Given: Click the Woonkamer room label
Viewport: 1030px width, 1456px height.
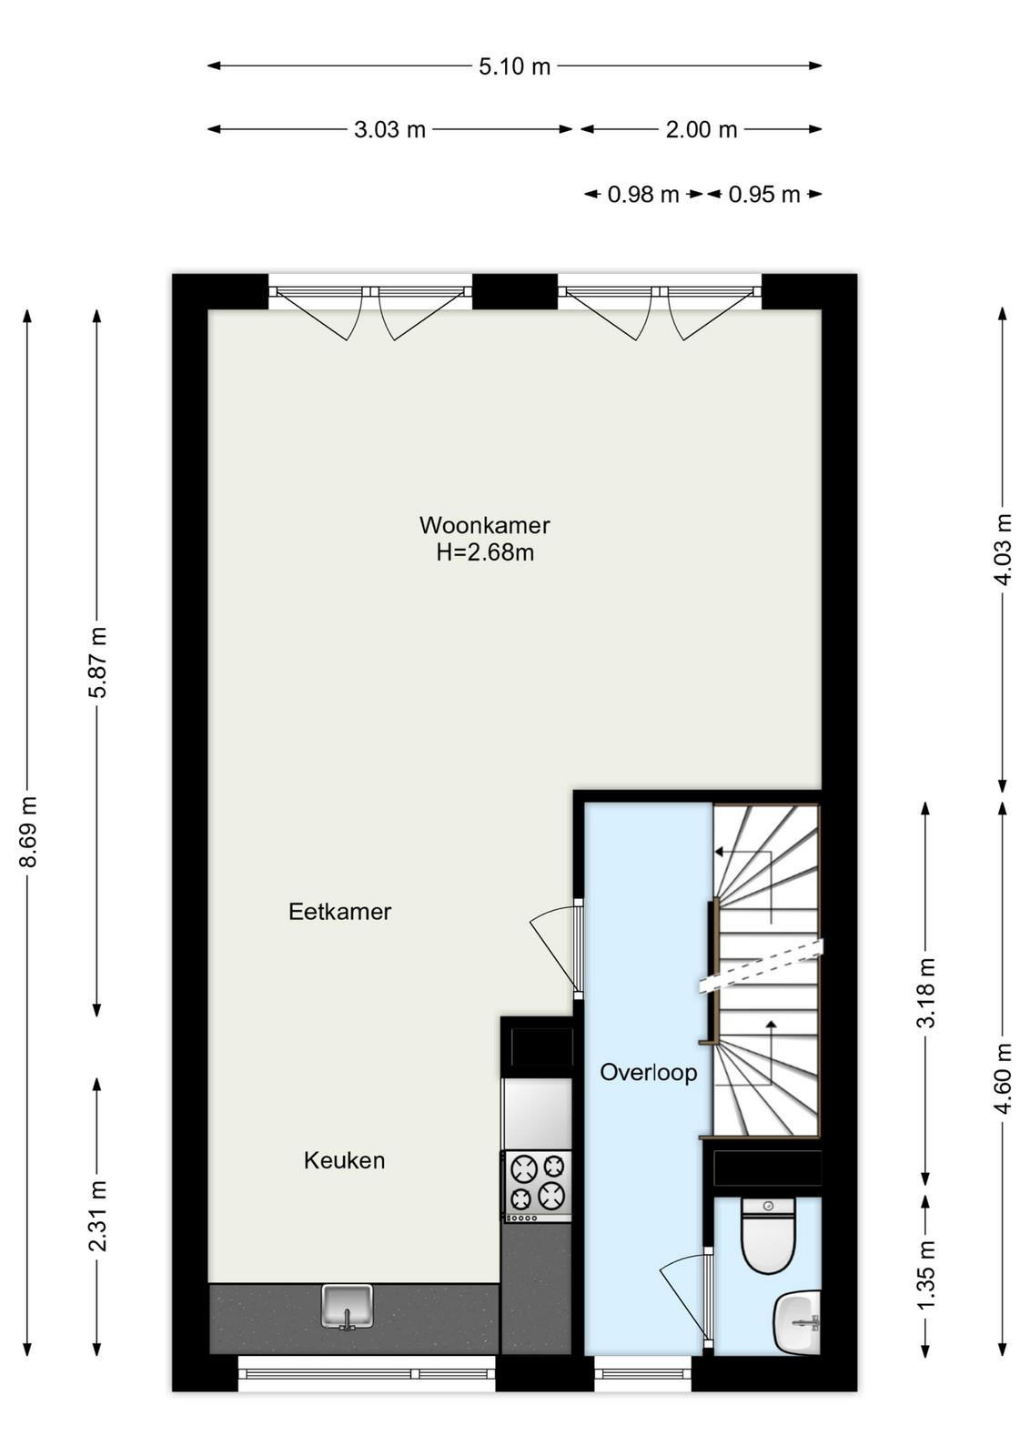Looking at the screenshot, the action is pos(484,525).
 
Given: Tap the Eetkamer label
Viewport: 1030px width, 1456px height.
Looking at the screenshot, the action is pos(340,912).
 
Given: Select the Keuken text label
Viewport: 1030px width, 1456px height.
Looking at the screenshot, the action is pos(345,1160).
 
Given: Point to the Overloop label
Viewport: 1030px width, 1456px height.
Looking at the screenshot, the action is pos(648,1072).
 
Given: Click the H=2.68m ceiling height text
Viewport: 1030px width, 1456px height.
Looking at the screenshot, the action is pos(485,553).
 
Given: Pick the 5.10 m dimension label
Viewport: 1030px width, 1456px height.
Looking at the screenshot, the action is pos(514,66).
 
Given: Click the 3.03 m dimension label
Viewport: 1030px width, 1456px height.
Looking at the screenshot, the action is pos(389,130).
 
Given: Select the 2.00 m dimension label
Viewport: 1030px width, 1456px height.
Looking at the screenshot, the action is pos(702,130).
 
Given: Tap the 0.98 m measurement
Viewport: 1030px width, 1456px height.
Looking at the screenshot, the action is pos(642,195).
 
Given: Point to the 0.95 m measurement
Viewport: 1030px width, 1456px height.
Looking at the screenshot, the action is pos(764,195).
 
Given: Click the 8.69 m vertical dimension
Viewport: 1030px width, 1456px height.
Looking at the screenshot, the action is pos(28,831).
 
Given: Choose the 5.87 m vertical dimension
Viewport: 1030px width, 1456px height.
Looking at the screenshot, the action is pos(97,662).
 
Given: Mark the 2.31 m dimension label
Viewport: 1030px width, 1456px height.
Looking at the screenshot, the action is pos(97,1216).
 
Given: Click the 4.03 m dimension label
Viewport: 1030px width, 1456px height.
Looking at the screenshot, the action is pos(1004,550).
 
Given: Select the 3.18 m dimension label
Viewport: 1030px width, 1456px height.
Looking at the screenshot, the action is pos(926,993).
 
